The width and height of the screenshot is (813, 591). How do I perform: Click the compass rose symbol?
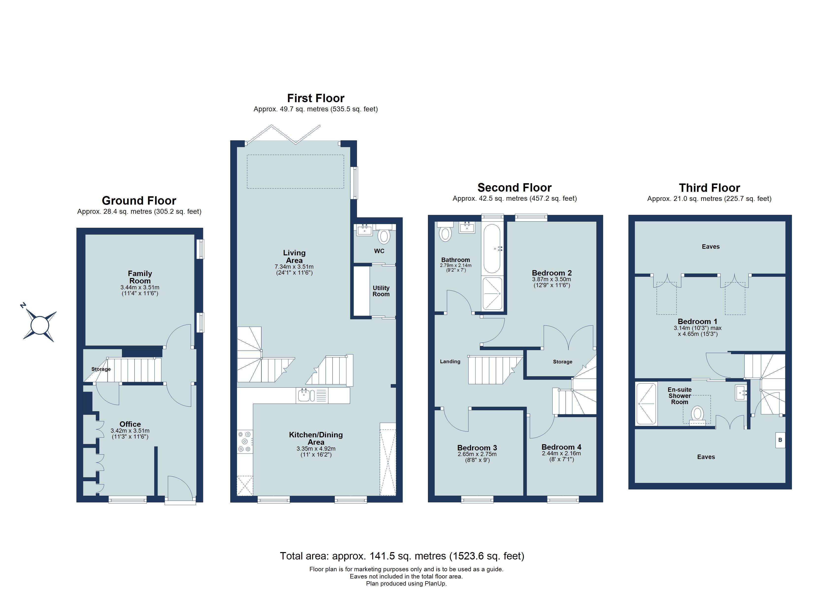(x=39, y=326)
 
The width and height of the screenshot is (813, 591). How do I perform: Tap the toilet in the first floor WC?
(x=384, y=237)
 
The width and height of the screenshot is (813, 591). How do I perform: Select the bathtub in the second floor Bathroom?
(x=492, y=248)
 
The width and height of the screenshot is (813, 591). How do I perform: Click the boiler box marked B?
(x=780, y=440)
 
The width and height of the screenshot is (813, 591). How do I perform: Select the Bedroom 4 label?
(x=561, y=447)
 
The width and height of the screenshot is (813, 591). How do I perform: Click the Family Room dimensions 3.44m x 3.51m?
(x=140, y=287)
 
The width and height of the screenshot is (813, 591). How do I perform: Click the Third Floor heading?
(x=709, y=188)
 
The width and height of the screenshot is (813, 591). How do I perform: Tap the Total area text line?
(x=402, y=556)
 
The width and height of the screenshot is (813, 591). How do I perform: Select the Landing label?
(x=450, y=361)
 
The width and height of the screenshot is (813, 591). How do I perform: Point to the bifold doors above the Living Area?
(x=283, y=134)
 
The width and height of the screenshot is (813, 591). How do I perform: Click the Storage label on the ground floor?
(x=101, y=369)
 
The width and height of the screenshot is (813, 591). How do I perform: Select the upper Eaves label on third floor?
(x=711, y=246)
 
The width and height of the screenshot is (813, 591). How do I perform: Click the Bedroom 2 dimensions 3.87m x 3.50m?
(x=551, y=279)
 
